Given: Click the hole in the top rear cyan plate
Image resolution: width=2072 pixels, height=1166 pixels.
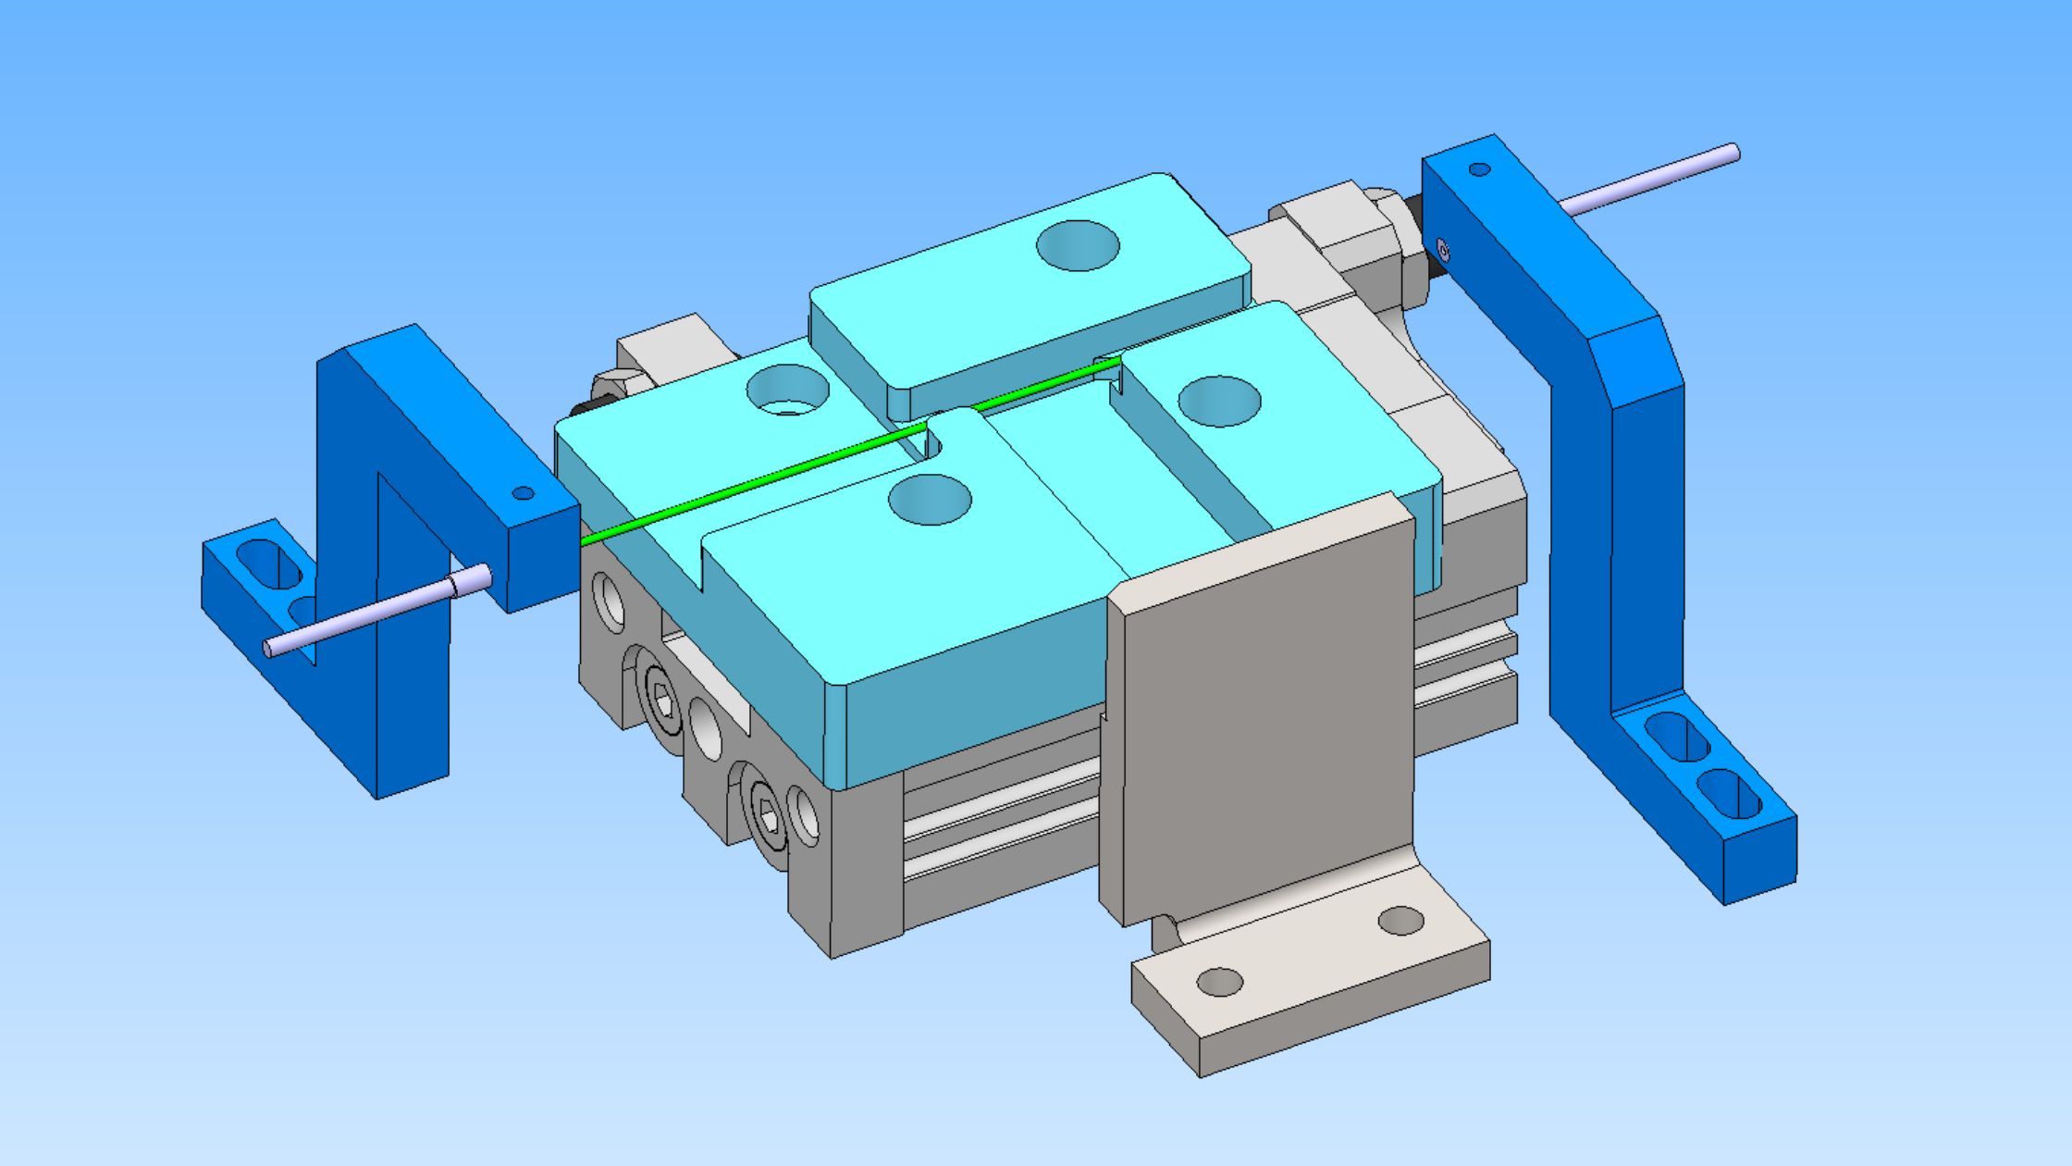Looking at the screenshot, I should [x=1078, y=245].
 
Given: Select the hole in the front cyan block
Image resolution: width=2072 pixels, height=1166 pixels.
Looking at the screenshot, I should [x=930, y=500].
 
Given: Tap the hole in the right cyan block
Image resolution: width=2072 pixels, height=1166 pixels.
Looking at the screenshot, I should [x=1219, y=402].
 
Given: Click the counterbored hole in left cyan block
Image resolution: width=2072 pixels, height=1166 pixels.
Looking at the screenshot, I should [x=787, y=390].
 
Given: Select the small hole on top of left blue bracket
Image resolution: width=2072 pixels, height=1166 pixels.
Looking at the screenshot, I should [x=523, y=493].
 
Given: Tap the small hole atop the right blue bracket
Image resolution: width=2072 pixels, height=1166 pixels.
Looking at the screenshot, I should [x=1479, y=169].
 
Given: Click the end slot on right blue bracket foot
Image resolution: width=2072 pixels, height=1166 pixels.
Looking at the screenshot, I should [x=1728, y=795].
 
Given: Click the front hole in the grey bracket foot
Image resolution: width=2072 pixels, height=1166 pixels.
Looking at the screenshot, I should [x=1219, y=982].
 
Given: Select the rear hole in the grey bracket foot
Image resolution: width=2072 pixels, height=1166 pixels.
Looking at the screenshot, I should [x=1400, y=921].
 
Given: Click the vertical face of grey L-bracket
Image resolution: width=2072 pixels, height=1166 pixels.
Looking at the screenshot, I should [x=1258, y=722].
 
